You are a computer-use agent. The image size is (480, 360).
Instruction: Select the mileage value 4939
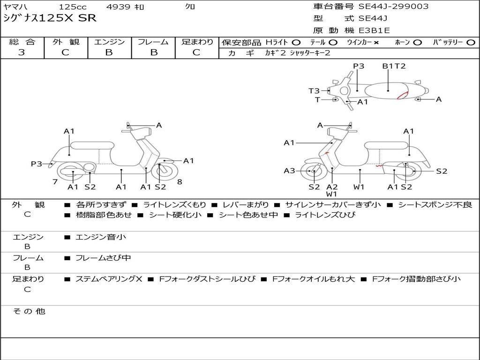pos(119,7)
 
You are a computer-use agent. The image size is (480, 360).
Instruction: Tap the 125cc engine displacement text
pos(73,7)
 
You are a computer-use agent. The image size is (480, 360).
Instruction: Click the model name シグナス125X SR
pos(49,18)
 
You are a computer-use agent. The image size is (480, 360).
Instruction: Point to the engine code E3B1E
pos(374,30)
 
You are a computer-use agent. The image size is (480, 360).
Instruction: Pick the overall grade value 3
pos(22,52)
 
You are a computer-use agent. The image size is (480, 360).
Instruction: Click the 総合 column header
pos(22,42)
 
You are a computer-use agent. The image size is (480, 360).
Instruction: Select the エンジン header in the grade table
pos(109,42)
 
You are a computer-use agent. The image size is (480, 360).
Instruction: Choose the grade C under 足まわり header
pos(196,52)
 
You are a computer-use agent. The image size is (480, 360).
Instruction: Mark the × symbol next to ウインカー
pos(376,43)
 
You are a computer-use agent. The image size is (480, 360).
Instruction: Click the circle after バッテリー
pos(471,43)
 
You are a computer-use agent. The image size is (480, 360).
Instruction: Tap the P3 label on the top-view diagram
pos(359,66)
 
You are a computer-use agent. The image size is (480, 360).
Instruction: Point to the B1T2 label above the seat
pos(394,66)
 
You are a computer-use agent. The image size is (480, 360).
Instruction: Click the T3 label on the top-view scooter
pos(314,91)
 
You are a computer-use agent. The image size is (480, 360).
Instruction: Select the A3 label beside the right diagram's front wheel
pos(290,171)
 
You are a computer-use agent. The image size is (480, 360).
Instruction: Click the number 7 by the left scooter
pos(55,182)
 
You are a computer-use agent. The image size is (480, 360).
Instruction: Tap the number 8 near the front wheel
pos(180,182)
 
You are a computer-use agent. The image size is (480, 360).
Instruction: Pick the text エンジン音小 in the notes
pos(100,237)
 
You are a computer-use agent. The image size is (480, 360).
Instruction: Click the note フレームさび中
pos(103,258)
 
